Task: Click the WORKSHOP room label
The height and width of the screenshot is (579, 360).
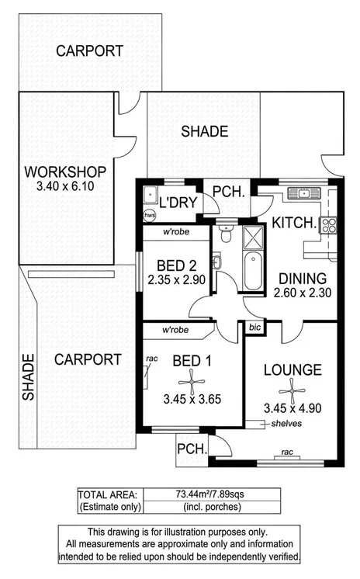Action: (x=64, y=171)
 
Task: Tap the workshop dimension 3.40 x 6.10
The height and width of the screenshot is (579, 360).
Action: (x=64, y=186)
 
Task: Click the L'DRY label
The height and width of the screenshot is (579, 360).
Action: (x=179, y=203)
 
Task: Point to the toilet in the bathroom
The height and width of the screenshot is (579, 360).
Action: (x=226, y=231)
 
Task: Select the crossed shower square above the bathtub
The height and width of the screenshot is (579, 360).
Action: (x=253, y=237)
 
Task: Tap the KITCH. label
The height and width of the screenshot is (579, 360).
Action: (x=294, y=224)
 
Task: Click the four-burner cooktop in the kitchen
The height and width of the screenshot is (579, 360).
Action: (x=329, y=225)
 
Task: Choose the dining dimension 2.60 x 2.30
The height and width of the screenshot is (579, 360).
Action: (x=303, y=293)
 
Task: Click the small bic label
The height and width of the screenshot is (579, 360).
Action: (x=254, y=329)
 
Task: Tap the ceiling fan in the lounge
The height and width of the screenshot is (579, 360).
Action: (x=291, y=388)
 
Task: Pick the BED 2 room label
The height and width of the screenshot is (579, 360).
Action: (x=176, y=265)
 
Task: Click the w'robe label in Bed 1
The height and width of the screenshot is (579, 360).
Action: (x=176, y=331)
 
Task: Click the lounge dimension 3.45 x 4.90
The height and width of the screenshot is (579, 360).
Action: (x=291, y=407)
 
